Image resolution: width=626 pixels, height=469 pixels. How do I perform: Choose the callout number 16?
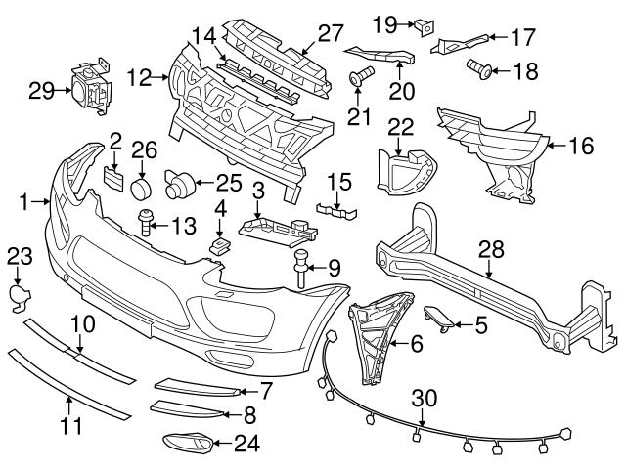[582, 147]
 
